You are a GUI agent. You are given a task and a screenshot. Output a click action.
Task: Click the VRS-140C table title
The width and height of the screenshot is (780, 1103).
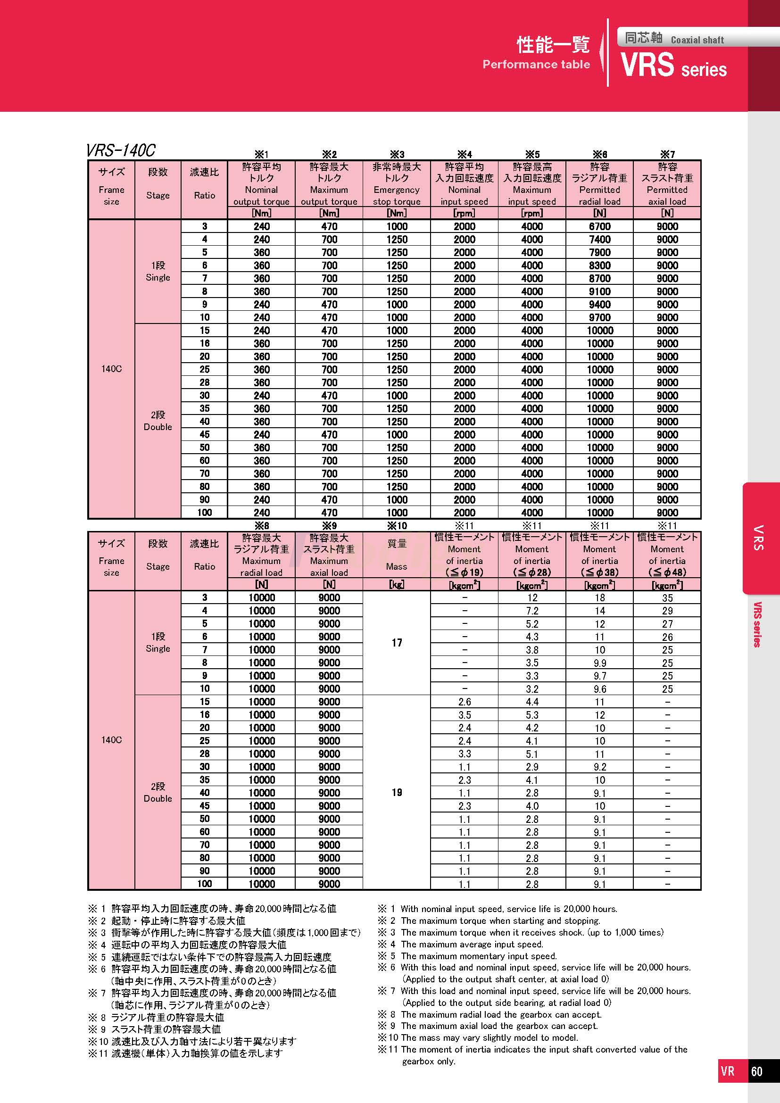(x=121, y=150)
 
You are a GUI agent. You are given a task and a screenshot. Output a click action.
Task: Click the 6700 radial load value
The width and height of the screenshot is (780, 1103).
(x=599, y=226)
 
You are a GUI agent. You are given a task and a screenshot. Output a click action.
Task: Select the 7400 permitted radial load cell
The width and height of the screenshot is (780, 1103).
(x=599, y=239)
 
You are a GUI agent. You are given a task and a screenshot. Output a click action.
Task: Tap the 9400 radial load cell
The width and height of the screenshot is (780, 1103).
(x=599, y=304)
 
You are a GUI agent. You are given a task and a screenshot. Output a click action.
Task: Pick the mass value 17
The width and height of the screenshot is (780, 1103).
(x=397, y=643)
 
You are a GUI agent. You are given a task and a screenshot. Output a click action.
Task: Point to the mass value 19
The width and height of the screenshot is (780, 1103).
(x=397, y=792)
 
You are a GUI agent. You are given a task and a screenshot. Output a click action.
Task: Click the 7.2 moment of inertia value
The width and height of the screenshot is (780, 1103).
(x=531, y=611)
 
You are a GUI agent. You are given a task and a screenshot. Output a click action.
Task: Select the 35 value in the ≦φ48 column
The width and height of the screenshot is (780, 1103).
(x=667, y=597)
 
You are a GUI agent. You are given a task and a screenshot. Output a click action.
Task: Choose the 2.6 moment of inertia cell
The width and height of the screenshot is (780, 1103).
(x=465, y=702)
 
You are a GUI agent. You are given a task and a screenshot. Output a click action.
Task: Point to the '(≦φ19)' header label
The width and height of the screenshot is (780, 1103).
(x=465, y=572)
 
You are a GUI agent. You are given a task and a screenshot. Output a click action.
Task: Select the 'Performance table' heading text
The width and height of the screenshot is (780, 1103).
(x=536, y=65)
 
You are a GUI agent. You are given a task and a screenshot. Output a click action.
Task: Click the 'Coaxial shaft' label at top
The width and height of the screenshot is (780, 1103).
(x=697, y=40)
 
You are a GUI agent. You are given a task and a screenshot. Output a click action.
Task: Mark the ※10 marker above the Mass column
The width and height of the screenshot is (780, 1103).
(x=397, y=525)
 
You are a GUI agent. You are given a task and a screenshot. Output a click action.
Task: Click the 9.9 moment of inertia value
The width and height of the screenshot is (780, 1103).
(x=599, y=663)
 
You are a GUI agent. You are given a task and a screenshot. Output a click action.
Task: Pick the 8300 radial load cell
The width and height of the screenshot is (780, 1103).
(x=599, y=265)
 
